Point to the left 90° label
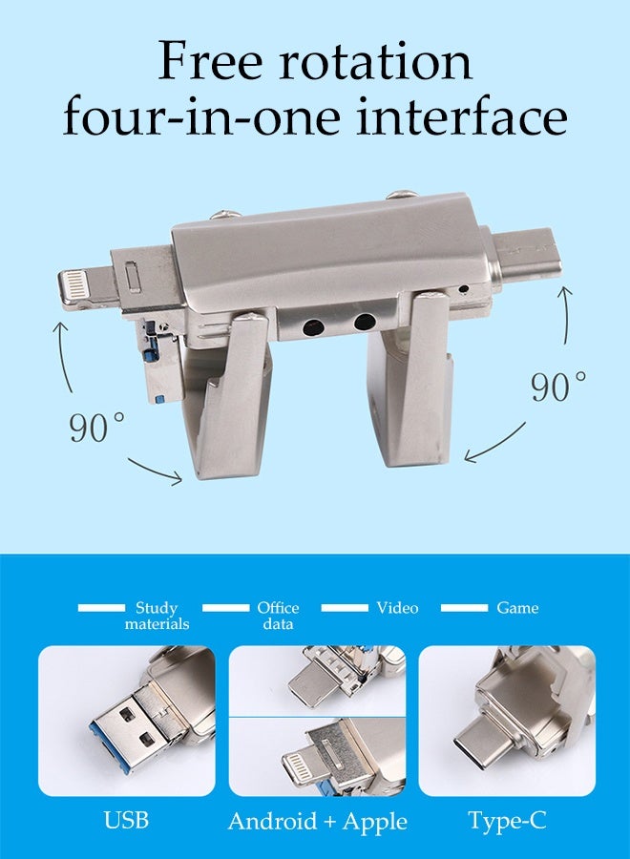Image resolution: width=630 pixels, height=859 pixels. click(x=95, y=427)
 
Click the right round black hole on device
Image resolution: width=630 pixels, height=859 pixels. click(x=364, y=322)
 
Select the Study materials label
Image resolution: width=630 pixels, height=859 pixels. click(x=157, y=616)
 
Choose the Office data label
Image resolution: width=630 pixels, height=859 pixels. click(x=278, y=616)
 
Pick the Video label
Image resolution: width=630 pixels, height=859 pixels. click(x=397, y=608)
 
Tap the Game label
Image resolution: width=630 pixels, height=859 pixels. click(x=517, y=608)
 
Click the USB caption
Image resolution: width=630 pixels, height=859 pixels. click(x=126, y=821)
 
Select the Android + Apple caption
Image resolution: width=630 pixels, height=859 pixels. click(x=317, y=821)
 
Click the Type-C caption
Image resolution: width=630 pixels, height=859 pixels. click(x=507, y=821)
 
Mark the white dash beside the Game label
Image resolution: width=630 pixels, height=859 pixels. click(x=464, y=608)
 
